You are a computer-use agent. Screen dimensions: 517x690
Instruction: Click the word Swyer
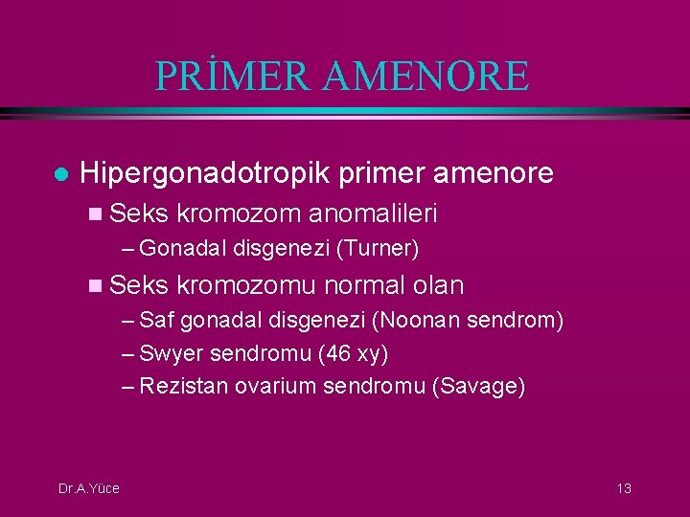coord(172,353)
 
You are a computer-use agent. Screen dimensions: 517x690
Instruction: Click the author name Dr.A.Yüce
coord(88,488)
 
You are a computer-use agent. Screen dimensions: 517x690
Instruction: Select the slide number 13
coord(623,488)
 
